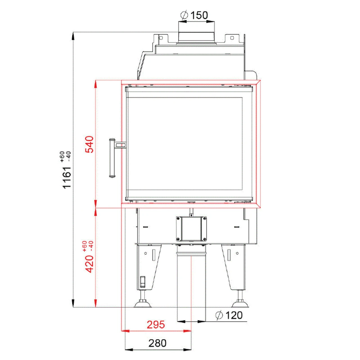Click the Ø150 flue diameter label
point(194,15)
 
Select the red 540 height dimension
point(89,144)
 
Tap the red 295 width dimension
point(156,325)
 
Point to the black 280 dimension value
point(157,343)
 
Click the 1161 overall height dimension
point(67,177)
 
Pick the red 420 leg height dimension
point(89,264)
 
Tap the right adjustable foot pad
point(240,304)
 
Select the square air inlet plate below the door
point(191,229)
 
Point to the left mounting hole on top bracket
point(161,38)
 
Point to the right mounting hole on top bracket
point(232,38)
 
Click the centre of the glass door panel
point(185,143)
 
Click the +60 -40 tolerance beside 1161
point(65,157)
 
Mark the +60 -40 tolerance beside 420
point(87,246)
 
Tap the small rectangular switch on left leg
point(143,282)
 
